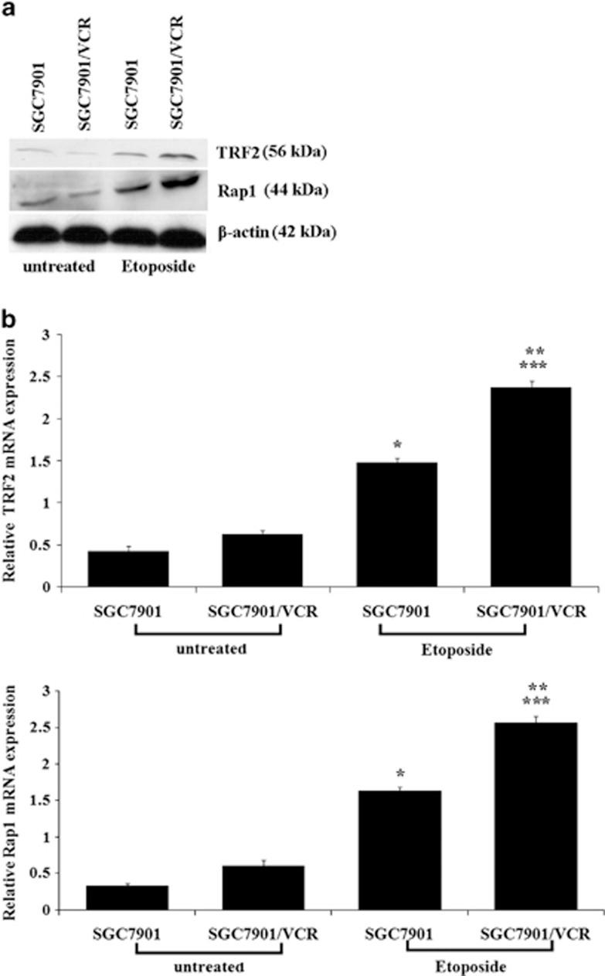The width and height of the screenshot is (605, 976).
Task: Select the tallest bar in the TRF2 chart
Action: pyautogui.click(x=531, y=487)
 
